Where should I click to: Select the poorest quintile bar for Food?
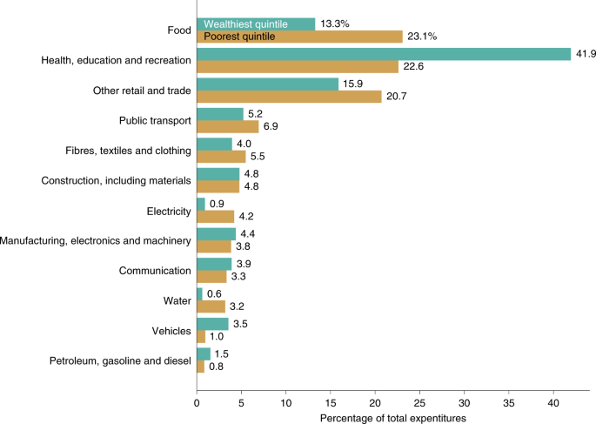click(x=299, y=37)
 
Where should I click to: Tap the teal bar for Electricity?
click(x=201, y=204)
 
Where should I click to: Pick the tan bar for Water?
click(x=211, y=306)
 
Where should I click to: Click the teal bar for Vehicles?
click(x=212, y=324)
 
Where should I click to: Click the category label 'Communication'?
click(x=155, y=271)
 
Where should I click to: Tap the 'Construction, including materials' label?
click(x=116, y=180)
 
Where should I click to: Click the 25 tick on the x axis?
click(x=419, y=404)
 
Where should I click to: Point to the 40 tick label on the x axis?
click(x=553, y=404)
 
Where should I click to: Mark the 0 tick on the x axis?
click(x=197, y=404)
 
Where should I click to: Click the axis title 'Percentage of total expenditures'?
click(x=393, y=418)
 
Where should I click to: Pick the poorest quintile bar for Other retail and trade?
click(x=289, y=97)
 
